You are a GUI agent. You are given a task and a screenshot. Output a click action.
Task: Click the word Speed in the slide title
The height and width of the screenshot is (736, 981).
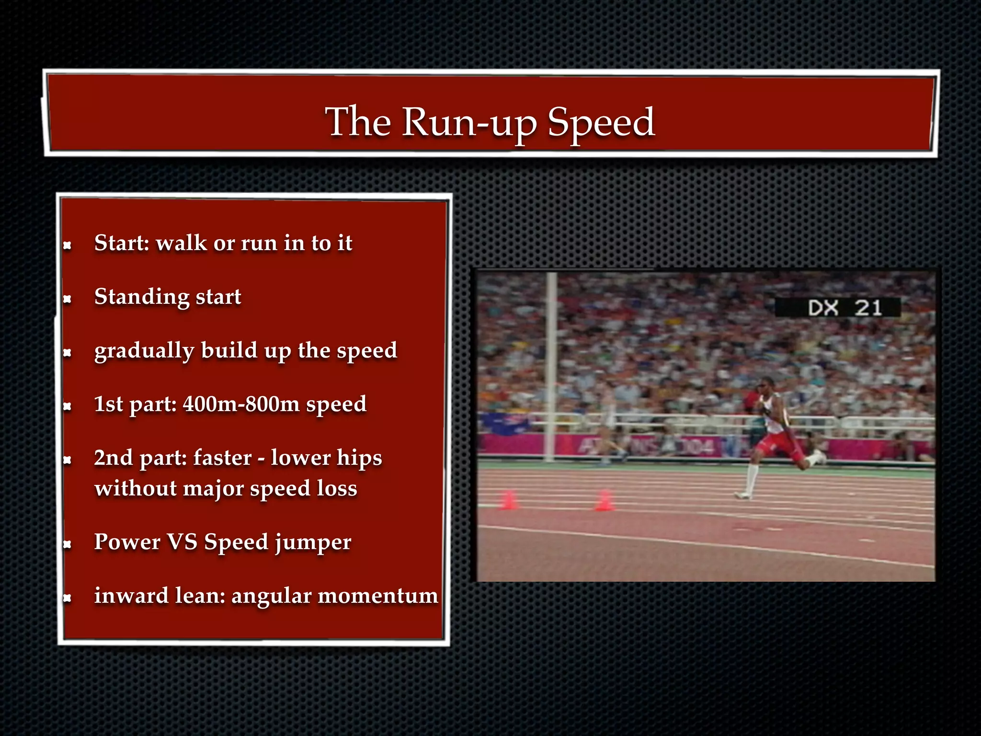point(601,123)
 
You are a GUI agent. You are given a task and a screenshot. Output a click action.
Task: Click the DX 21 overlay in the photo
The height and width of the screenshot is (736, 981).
point(837,308)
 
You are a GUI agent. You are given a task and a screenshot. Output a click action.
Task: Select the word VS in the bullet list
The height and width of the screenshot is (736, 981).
point(182,542)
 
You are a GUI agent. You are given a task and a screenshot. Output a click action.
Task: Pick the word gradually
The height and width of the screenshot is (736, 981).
point(144,351)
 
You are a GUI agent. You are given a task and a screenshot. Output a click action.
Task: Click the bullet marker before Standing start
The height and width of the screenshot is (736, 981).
point(68,299)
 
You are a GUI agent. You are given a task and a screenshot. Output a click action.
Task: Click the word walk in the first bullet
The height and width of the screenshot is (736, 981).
point(182,243)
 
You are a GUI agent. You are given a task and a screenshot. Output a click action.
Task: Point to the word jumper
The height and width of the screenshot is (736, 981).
point(313,543)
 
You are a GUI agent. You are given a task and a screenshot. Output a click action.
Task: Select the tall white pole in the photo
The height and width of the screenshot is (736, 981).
point(551,364)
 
